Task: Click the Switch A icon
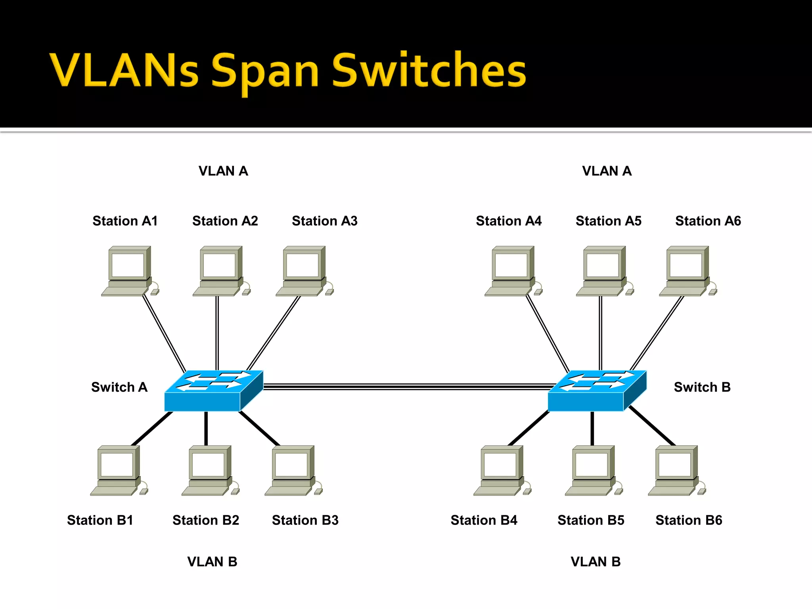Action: (x=213, y=391)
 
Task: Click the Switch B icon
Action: (x=597, y=391)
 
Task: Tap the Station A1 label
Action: (x=125, y=221)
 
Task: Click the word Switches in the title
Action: (x=429, y=71)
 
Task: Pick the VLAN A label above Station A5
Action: (x=607, y=171)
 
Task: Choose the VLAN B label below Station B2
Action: (x=212, y=561)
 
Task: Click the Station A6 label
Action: (x=708, y=221)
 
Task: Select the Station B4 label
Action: (x=484, y=520)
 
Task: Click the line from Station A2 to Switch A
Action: (x=217, y=333)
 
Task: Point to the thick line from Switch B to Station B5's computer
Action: (x=592, y=428)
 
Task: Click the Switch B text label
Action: (x=702, y=387)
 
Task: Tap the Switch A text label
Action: (x=119, y=387)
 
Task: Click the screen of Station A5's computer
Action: (x=602, y=265)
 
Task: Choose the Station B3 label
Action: (x=305, y=520)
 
